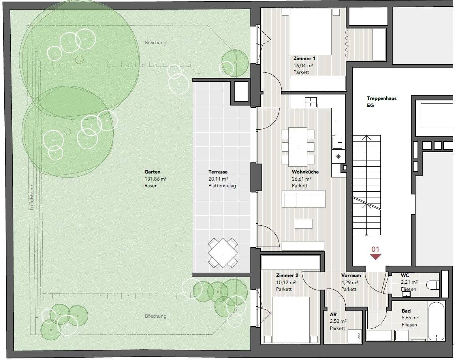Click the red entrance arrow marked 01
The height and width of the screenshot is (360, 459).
tap(375, 256)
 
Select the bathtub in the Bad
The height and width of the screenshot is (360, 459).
tap(436, 321)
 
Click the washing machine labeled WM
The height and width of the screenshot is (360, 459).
tap(355, 336)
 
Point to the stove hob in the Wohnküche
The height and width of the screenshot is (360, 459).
tap(310, 102)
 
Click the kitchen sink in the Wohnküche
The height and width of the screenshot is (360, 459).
tap(338, 143)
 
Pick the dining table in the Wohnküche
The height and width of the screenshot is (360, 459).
tap(298, 147)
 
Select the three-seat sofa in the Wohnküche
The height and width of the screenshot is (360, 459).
tap(303, 199)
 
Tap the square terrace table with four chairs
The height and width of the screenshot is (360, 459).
tap(223, 253)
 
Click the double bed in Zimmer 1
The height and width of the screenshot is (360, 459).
tap(310, 32)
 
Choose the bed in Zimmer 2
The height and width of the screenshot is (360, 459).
tap(291, 320)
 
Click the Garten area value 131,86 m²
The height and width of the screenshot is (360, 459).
tap(156, 179)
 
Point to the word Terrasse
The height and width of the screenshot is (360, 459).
tap(218, 172)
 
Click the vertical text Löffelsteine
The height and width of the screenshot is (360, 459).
tap(32, 197)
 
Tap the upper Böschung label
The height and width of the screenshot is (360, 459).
tap(156, 43)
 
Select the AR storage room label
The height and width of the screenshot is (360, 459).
tap(333, 315)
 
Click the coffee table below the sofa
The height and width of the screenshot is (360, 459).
tap(303, 224)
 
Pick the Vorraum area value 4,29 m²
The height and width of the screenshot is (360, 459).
tap(350, 283)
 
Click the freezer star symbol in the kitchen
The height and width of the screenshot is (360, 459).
tap(339, 156)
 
